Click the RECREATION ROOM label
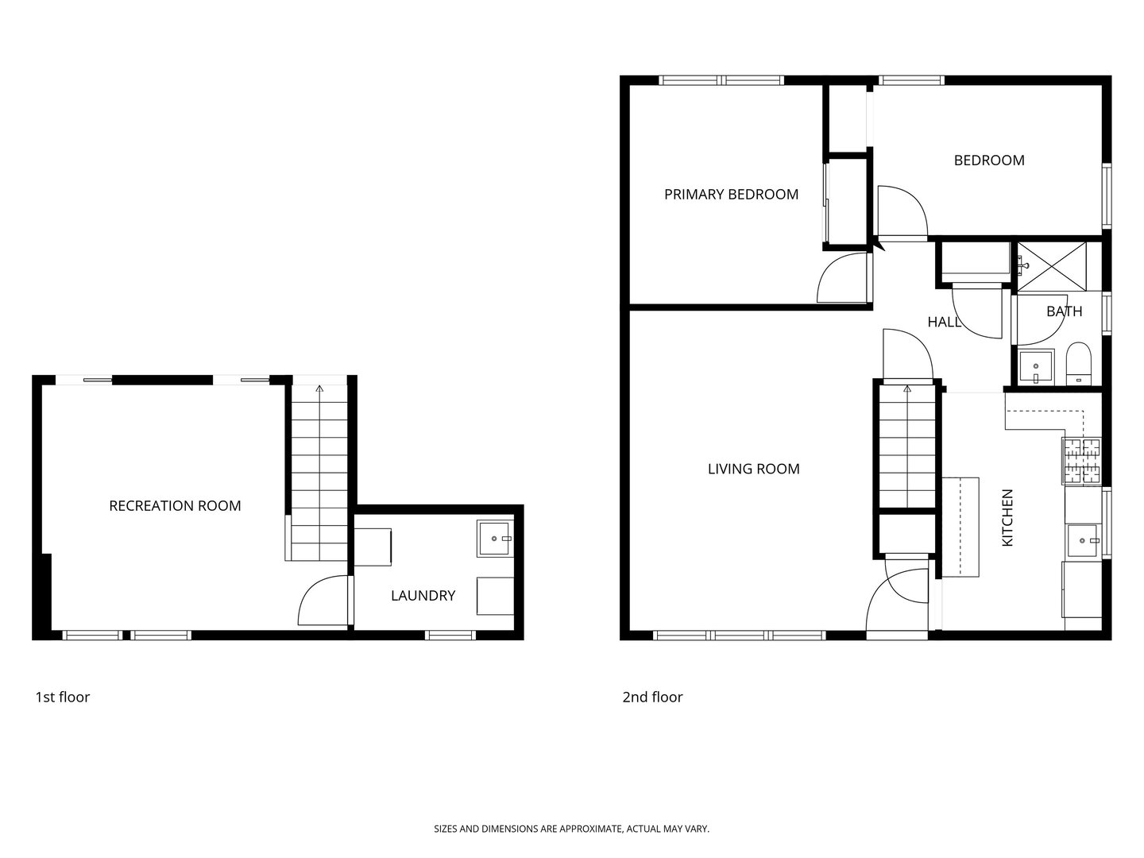point(175,506)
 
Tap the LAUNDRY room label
point(423,595)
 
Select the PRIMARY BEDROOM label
point(731,195)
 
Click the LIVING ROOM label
point(753,469)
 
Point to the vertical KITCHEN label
point(1007,517)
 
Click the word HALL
point(944,322)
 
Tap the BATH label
point(1064,311)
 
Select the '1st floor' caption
point(62,697)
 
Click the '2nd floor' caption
point(652,697)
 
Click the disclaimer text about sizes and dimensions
point(571,829)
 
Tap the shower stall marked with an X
point(1052,265)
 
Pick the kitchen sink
point(1083,542)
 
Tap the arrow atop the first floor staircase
point(319,389)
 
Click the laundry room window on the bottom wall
point(450,635)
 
